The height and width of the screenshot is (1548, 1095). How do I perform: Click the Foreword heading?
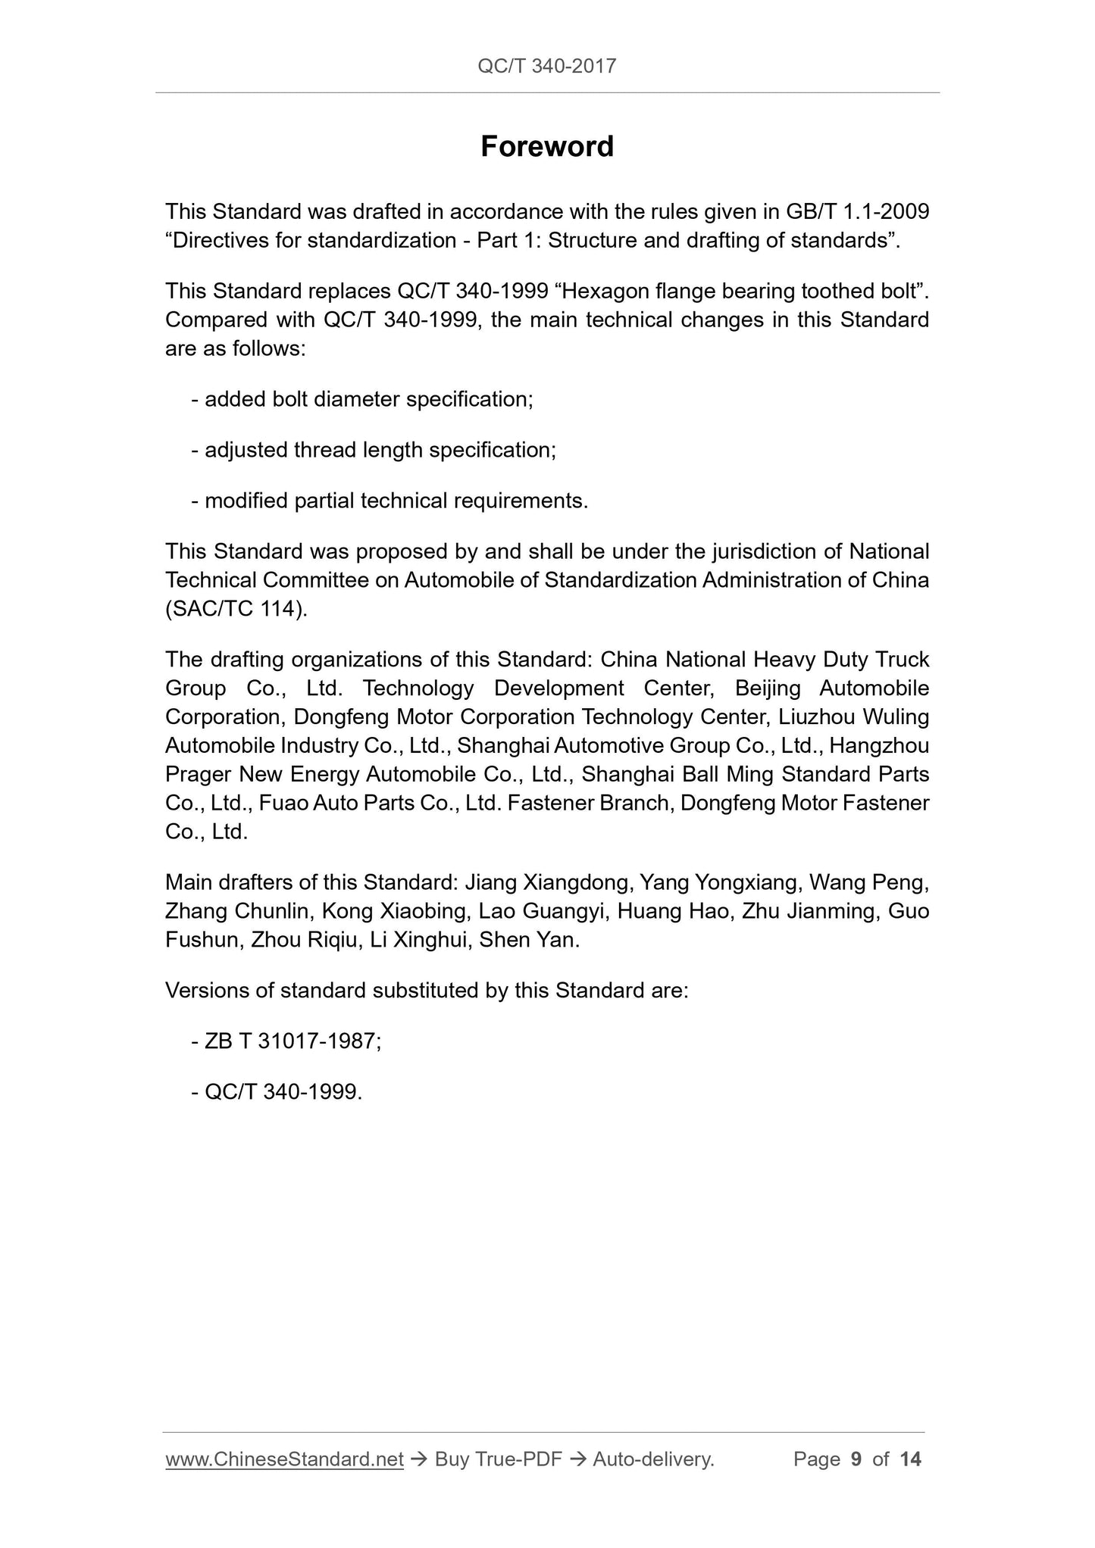pyautogui.click(x=546, y=146)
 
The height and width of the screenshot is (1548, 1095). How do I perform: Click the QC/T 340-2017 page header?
pyautogui.click(x=546, y=66)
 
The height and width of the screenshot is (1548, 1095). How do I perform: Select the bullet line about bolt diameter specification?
pyautogui.click(x=362, y=399)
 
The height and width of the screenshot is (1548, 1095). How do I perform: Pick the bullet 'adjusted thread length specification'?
pyautogui.click(x=374, y=450)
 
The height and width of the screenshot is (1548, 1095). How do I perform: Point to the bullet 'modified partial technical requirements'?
pyautogui.click(x=390, y=501)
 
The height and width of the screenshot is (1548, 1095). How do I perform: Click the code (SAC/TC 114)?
pyautogui.click(x=236, y=609)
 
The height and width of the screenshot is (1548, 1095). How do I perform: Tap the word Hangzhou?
pyautogui.click(x=879, y=746)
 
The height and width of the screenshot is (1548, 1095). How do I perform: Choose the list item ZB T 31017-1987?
pyautogui.click(x=286, y=1041)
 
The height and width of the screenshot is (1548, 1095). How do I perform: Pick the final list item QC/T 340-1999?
pyautogui.click(x=277, y=1092)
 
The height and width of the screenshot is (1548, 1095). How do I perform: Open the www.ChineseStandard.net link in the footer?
pyautogui.click(x=284, y=1459)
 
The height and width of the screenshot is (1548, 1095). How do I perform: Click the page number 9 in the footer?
pyautogui.click(x=856, y=1459)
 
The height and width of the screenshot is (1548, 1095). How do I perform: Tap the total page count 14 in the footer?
pyautogui.click(x=910, y=1459)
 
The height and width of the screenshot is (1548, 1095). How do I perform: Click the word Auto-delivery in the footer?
pyautogui.click(x=653, y=1459)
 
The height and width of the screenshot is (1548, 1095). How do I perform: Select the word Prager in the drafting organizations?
pyautogui.click(x=198, y=775)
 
